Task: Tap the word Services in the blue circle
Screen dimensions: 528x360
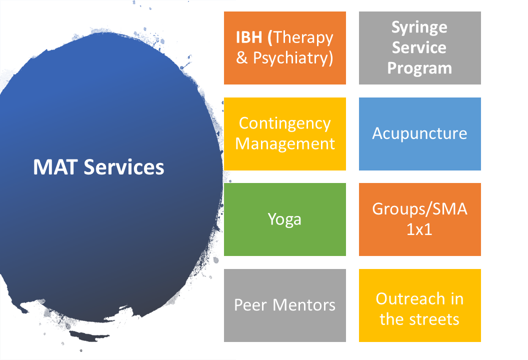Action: [x=124, y=167]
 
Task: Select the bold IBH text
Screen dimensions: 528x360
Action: [x=249, y=37]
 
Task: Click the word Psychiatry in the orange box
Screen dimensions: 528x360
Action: [x=293, y=58]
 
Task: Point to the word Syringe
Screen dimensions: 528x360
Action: [x=419, y=27]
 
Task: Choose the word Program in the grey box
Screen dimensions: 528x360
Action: [x=419, y=68]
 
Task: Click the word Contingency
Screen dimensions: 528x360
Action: [x=285, y=124]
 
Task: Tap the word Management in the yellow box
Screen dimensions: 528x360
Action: [x=285, y=144]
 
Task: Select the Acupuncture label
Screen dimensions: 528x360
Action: [x=419, y=133]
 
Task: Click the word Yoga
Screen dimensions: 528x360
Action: [x=284, y=219]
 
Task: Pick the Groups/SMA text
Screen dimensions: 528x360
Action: [x=419, y=209]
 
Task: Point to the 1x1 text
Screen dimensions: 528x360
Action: [x=419, y=229]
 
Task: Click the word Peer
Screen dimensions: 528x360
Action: [x=250, y=305]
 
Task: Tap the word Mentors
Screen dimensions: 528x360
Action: [x=303, y=305]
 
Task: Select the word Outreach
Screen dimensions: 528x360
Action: [x=410, y=299]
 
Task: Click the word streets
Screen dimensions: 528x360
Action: [x=434, y=319]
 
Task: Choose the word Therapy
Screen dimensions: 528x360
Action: [x=303, y=37]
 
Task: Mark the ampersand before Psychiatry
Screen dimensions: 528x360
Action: [x=242, y=57]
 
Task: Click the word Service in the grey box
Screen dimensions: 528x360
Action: [x=419, y=47]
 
